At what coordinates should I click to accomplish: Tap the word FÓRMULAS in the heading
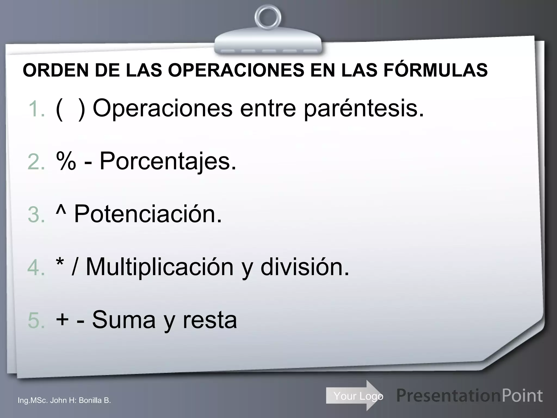(x=436, y=70)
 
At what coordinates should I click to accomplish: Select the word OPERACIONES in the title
(x=236, y=70)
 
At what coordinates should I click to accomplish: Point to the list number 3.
(x=36, y=215)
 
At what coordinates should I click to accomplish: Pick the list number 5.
(x=36, y=321)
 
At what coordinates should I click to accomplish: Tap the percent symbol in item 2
(x=66, y=161)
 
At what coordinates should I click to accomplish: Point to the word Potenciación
(x=148, y=214)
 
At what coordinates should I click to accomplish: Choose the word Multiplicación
(x=160, y=268)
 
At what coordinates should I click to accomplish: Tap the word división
(x=305, y=267)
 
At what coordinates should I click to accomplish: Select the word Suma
(x=124, y=320)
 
